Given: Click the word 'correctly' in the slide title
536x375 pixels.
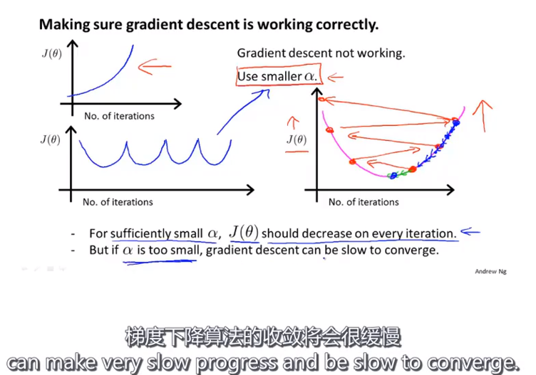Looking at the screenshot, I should click(350, 25).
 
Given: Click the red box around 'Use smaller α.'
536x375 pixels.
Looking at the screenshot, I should click(279, 77).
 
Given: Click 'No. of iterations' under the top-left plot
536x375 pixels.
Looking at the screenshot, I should click(119, 115).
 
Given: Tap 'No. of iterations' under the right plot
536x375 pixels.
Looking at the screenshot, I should click(364, 202).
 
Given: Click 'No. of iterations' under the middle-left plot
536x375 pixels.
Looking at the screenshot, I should click(118, 202).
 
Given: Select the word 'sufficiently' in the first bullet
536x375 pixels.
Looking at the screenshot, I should click(140, 233).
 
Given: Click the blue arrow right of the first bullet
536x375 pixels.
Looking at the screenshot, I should click(470, 231).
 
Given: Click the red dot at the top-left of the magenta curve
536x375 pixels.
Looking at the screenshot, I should click(321, 100).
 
